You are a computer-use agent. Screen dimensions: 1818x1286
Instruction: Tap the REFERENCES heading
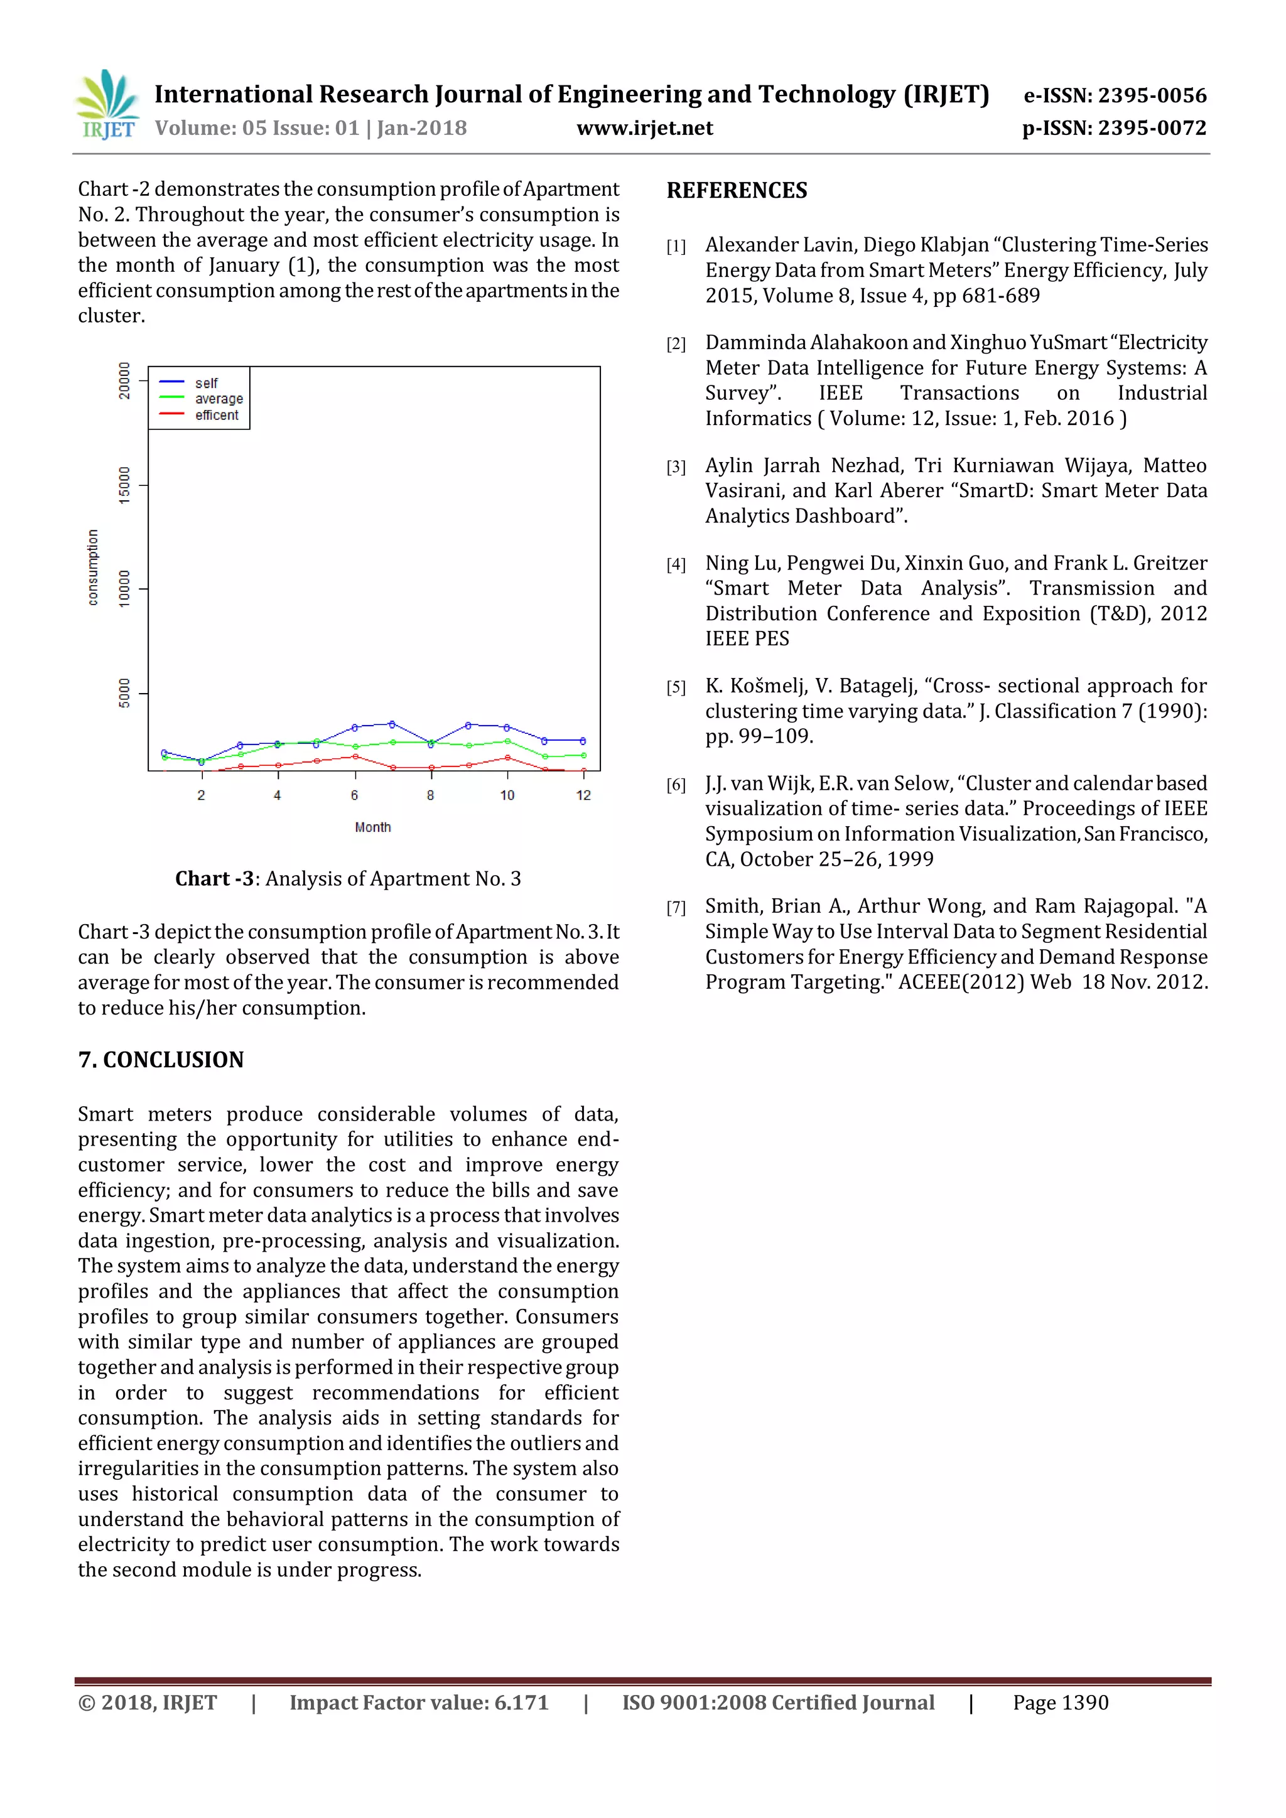point(737,191)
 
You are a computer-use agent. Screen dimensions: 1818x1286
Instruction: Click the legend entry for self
point(206,383)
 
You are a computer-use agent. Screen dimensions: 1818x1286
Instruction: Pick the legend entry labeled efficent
point(216,416)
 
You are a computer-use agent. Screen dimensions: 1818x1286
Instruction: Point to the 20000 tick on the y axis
point(124,381)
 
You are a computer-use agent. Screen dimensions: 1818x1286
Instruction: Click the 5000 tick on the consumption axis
point(124,693)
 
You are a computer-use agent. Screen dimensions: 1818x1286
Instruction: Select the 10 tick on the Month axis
point(507,795)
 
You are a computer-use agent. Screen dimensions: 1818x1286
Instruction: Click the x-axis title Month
point(372,827)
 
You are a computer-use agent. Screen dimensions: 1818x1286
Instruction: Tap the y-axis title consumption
point(94,567)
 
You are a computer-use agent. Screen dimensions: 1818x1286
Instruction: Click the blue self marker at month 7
point(392,724)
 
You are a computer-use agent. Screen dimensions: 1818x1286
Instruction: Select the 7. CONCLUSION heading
point(161,1060)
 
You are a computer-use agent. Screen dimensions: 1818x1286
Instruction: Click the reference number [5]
point(676,687)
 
